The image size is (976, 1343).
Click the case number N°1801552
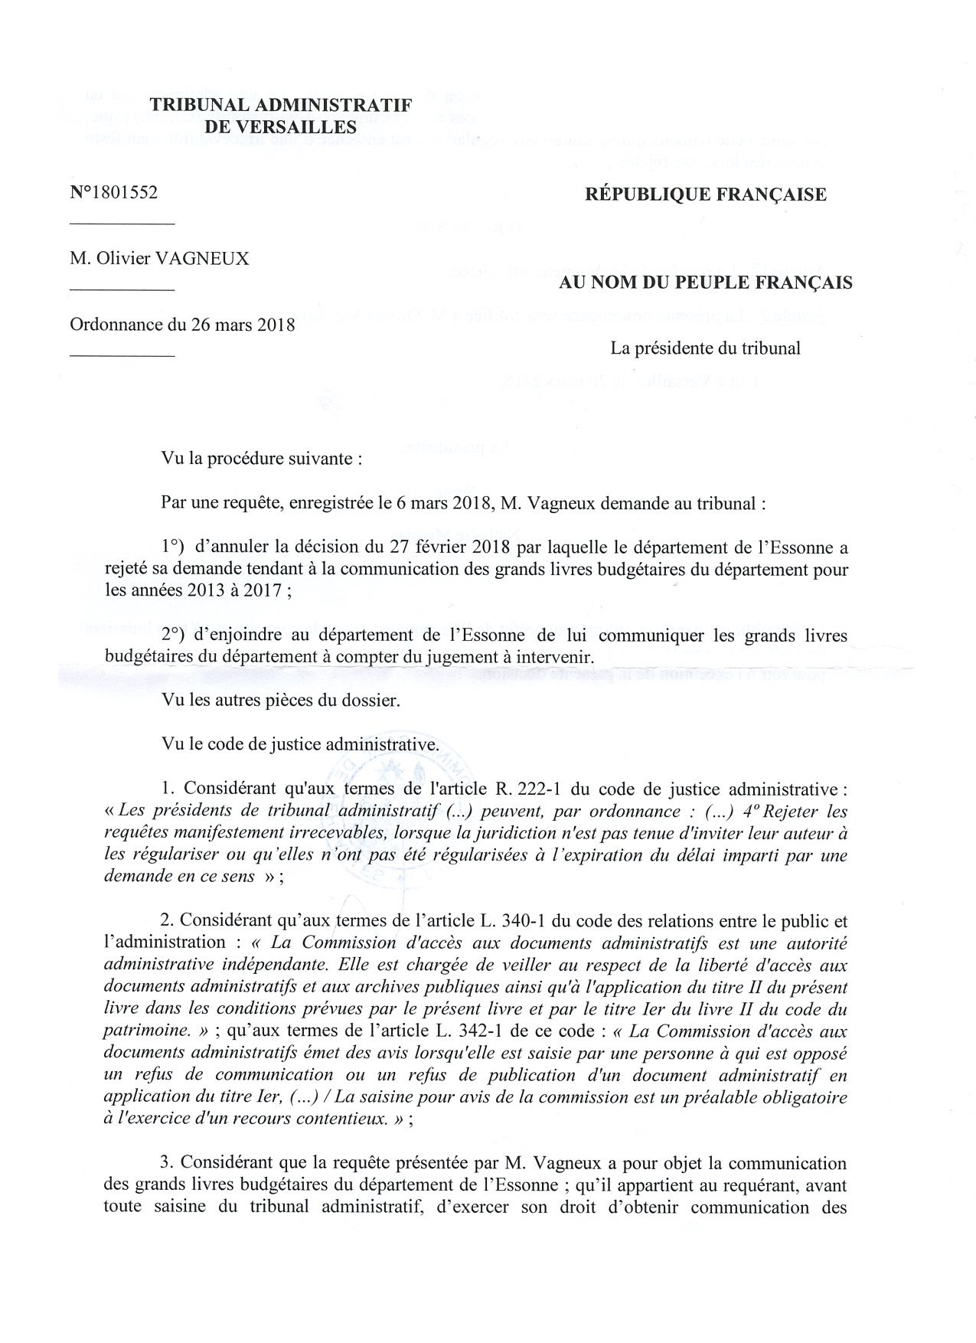(114, 193)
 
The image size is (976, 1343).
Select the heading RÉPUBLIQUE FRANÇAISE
(706, 194)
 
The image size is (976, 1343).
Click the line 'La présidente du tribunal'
(705, 348)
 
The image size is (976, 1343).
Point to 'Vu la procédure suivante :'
(257, 459)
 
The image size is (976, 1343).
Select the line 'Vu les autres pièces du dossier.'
(279, 701)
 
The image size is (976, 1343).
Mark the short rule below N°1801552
(122, 224)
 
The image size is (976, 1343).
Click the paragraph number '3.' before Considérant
(168, 1164)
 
